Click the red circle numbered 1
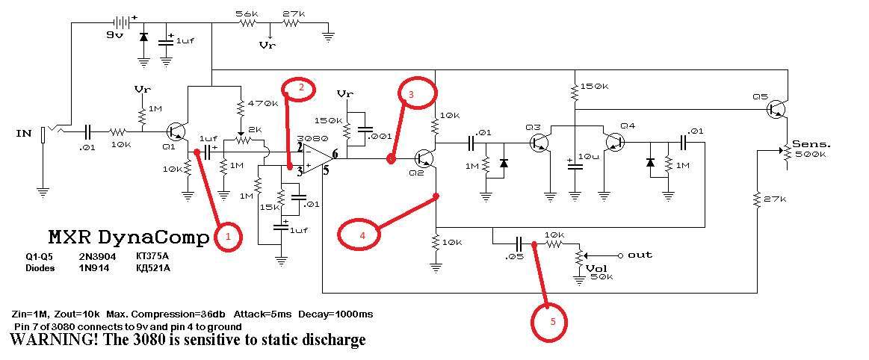[x=229, y=238]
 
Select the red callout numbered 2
[x=300, y=89]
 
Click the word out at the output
[x=640, y=255]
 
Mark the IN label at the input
[x=23, y=133]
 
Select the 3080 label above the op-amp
[x=309, y=139]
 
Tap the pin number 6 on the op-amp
[x=335, y=154]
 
